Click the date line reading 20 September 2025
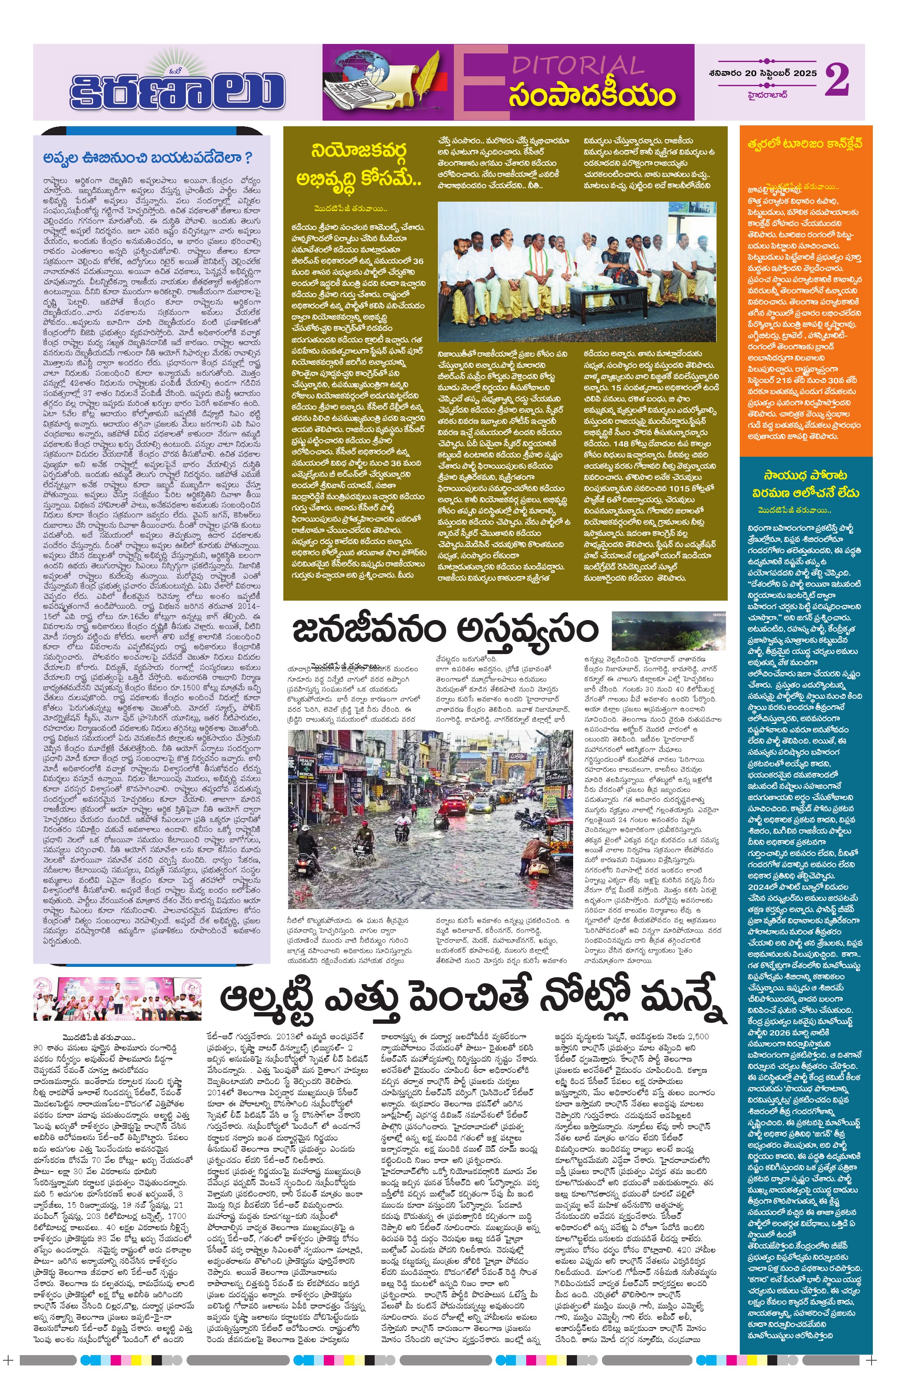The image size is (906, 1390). click(761, 73)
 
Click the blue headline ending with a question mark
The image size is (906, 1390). click(148, 158)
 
